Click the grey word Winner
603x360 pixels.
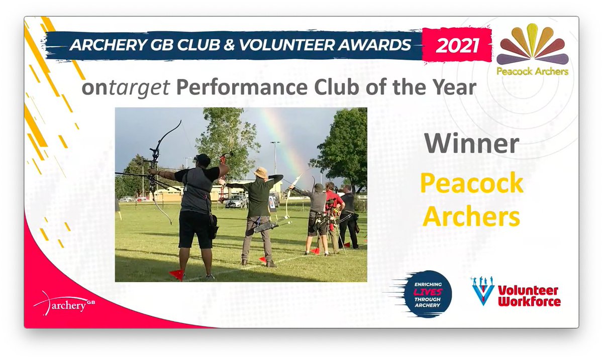tap(471, 144)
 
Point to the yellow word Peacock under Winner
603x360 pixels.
tap(471, 184)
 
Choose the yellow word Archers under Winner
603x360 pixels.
tap(471, 217)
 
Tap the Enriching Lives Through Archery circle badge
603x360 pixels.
tap(428, 294)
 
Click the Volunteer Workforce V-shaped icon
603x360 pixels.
tap(483, 291)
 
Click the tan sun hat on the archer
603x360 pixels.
tap(260, 173)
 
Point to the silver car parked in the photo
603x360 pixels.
tap(236, 202)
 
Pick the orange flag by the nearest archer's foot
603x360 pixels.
tap(176, 274)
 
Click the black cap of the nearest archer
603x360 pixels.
tap(202, 159)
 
